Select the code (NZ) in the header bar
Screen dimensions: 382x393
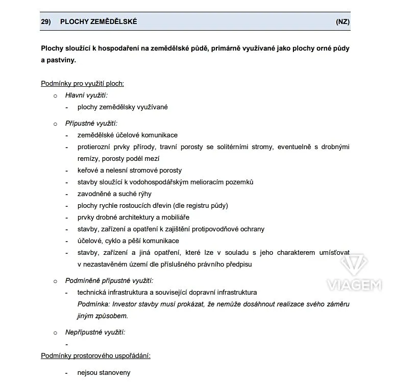coord(342,21)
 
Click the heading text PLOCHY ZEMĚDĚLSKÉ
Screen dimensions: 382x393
coord(99,21)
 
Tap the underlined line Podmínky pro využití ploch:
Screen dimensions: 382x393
coord(82,83)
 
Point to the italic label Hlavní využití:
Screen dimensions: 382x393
coord(86,95)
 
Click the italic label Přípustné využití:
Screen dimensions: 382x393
coord(91,123)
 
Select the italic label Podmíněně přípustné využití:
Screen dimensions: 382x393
coord(109,280)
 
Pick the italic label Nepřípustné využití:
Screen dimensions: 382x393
coord(95,332)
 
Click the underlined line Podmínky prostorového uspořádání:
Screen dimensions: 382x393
coord(95,355)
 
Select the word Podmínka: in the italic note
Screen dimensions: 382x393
coord(93,304)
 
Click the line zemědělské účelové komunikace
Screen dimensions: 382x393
coord(128,135)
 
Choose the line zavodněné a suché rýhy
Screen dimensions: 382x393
coord(114,194)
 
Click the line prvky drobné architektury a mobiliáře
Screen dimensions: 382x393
coord(133,217)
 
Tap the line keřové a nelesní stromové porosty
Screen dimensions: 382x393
coord(130,170)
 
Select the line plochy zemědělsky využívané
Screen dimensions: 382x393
coord(122,107)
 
